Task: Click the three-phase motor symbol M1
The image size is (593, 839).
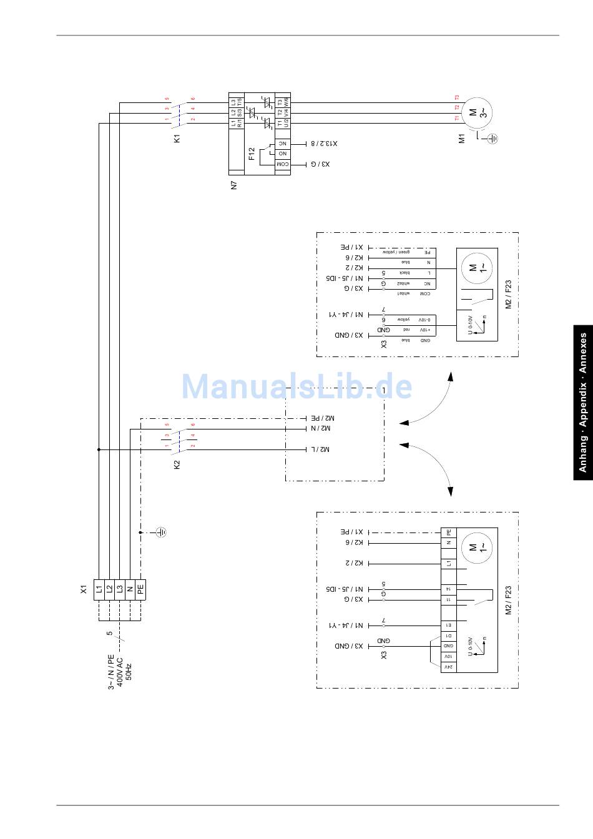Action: coord(479,113)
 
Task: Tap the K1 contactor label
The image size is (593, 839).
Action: coord(177,138)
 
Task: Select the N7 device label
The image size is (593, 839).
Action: coord(234,185)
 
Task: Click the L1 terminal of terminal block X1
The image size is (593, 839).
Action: coord(99,588)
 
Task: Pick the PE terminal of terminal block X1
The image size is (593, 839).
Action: coord(140,588)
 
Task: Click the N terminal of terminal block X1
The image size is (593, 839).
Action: coord(130,588)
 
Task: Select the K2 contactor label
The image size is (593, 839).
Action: coord(177,464)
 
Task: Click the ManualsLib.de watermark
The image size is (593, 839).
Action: coord(296,386)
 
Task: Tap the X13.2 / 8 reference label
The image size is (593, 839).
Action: coord(324,144)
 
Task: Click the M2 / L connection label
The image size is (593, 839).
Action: coord(320,449)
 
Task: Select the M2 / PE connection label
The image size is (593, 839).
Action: coord(323,418)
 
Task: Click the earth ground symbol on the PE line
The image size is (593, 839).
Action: coord(161,532)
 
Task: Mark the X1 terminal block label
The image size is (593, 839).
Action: coord(84,588)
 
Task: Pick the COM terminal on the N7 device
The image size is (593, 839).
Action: coord(282,164)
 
